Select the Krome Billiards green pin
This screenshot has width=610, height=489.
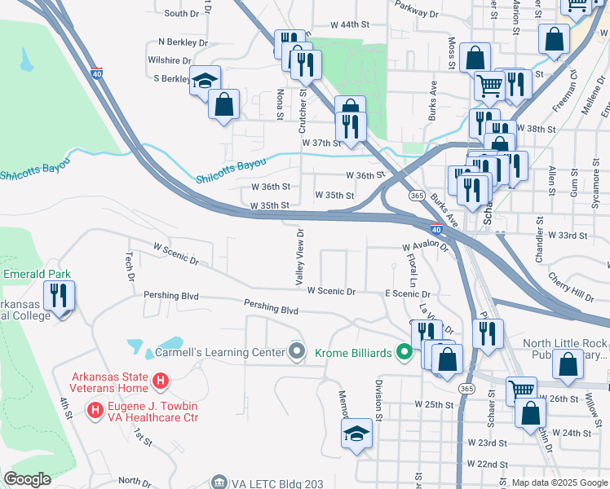click(403, 352)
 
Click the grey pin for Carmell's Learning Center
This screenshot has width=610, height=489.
click(297, 352)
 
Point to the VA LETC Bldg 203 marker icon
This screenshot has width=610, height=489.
click(218, 482)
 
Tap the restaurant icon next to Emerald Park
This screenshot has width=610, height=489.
click(60, 295)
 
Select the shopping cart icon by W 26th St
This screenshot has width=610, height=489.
click(521, 390)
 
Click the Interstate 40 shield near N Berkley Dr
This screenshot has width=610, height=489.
click(96, 73)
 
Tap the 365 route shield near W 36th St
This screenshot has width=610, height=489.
click(416, 196)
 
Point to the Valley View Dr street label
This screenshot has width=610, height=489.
click(300, 256)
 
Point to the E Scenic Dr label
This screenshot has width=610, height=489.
click(407, 293)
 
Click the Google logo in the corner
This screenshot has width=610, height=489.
click(27, 479)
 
